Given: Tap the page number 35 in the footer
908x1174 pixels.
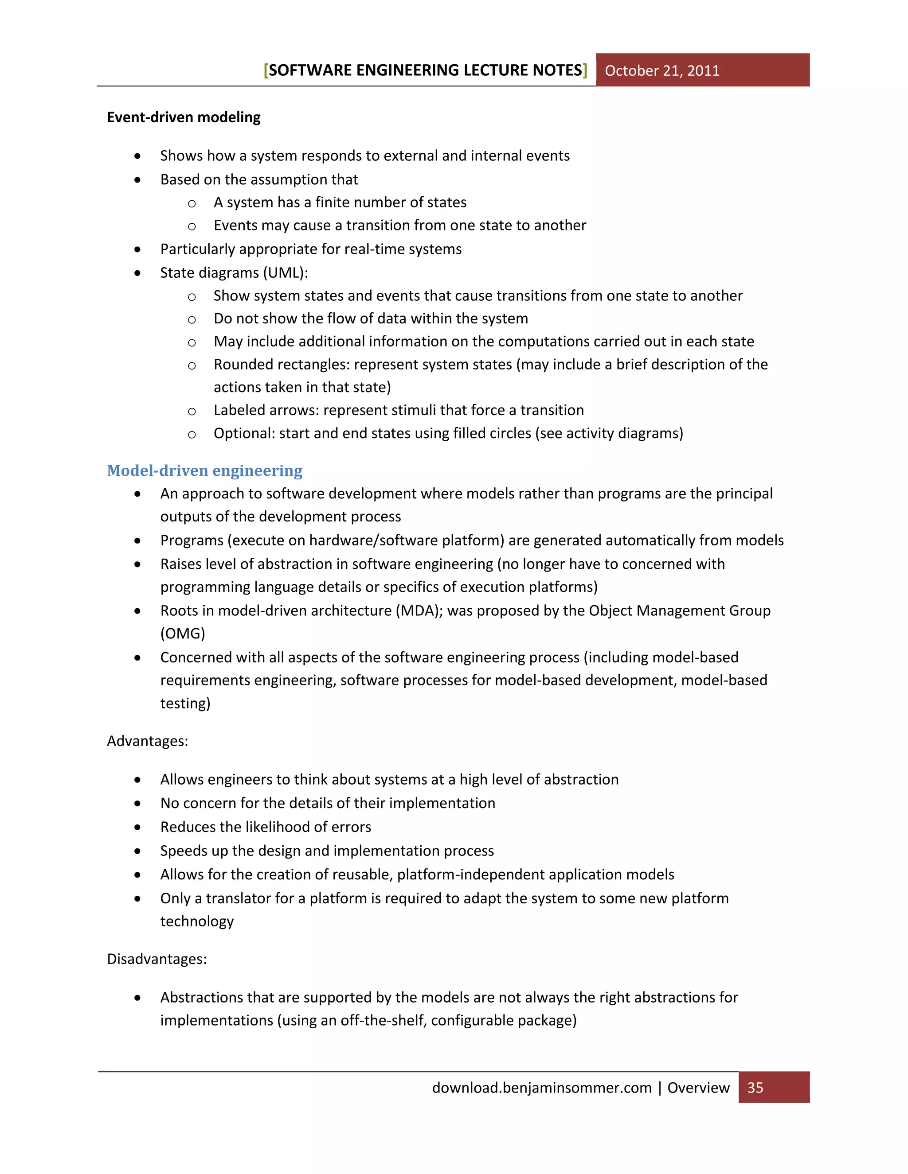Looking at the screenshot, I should (755, 1088).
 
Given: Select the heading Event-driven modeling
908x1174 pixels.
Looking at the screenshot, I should (184, 117).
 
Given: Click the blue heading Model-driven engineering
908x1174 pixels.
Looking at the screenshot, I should (204, 470).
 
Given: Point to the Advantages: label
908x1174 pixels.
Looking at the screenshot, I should (147, 741).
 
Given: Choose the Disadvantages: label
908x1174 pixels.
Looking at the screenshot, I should (157, 959).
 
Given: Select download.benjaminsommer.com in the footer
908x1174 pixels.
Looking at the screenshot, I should (542, 1088).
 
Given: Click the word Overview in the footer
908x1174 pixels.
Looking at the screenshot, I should (698, 1088).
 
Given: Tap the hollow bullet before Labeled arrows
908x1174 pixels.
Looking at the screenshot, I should (192, 411).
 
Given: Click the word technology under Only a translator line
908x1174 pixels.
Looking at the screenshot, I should (197, 921).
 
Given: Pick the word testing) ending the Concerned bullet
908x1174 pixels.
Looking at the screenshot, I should (185, 703).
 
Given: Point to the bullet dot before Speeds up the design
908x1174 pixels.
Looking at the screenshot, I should (138, 851).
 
